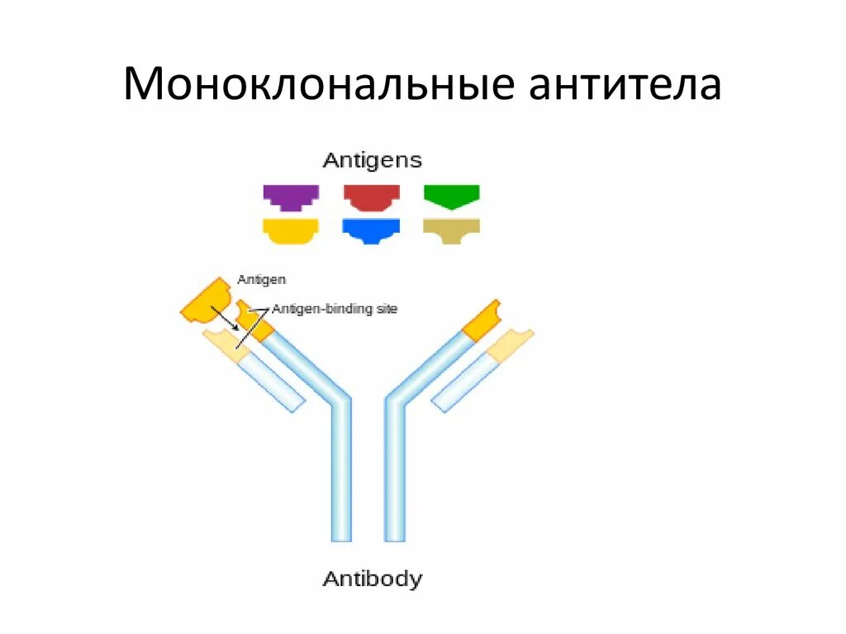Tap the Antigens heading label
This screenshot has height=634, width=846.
point(372,159)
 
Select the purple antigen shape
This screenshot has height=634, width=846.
point(291,197)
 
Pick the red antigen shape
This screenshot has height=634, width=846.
point(372,197)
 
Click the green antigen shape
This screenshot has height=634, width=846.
point(451,196)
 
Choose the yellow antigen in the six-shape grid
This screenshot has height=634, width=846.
point(291,230)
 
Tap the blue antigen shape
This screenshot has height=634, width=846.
point(372,230)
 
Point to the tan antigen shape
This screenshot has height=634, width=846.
point(451,230)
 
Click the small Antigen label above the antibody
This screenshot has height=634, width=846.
point(261,280)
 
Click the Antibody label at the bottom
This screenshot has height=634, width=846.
point(372,579)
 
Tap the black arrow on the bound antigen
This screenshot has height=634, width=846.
point(225,319)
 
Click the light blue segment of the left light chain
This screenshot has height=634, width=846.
point(273,380)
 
